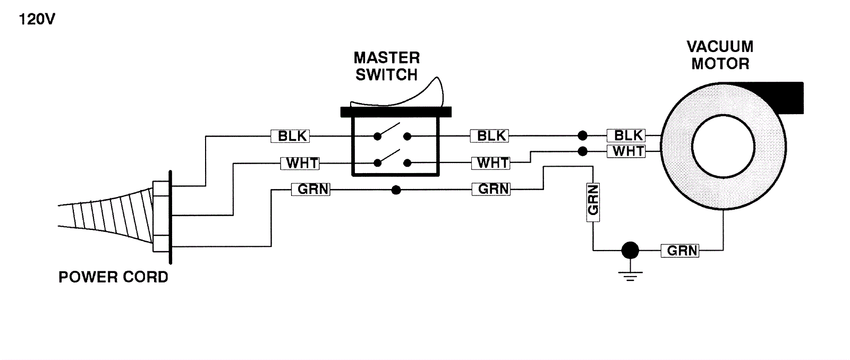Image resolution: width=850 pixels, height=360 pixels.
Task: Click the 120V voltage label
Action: (x=37, y=20)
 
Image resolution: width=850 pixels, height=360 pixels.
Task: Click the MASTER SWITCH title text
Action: (x=387, y=66)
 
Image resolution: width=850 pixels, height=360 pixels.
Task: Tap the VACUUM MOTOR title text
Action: (x=720, y=55)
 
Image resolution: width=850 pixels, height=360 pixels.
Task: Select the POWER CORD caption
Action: (x=113, y=277)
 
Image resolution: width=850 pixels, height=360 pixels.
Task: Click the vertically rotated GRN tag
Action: (x=593, y=200)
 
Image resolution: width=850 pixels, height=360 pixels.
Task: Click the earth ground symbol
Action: (x=630, y=275)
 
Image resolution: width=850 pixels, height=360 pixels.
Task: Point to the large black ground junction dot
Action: (x=630, y=250)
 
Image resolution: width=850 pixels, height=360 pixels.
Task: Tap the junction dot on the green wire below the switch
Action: (x=396, y=190)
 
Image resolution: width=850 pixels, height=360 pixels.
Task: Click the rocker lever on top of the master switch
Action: (x=420, y=96)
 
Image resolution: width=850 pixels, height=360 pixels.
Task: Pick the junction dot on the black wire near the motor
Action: (x=583, y=135)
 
